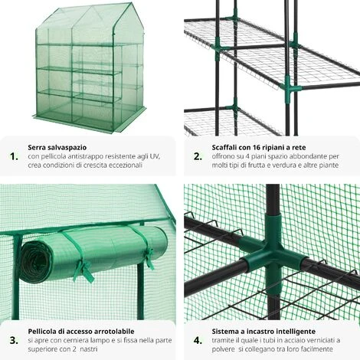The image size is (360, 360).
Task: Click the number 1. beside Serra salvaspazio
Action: tap(14, 156)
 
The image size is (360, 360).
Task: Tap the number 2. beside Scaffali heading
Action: tap(198, 156)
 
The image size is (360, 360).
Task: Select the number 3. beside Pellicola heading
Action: tap(14, 340)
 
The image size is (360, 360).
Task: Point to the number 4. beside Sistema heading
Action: tap(198, 340)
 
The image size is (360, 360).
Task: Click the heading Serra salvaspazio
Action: tap(57, 148)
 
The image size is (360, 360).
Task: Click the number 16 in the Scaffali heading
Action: tap(257, 148)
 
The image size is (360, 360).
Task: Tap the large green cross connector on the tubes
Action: tap(273, 251)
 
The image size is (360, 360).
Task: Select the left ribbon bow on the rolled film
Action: tap(83, 270)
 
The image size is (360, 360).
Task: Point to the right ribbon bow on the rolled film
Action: tap(149, 258)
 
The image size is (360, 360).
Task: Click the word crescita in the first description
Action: tap(95, 165)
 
